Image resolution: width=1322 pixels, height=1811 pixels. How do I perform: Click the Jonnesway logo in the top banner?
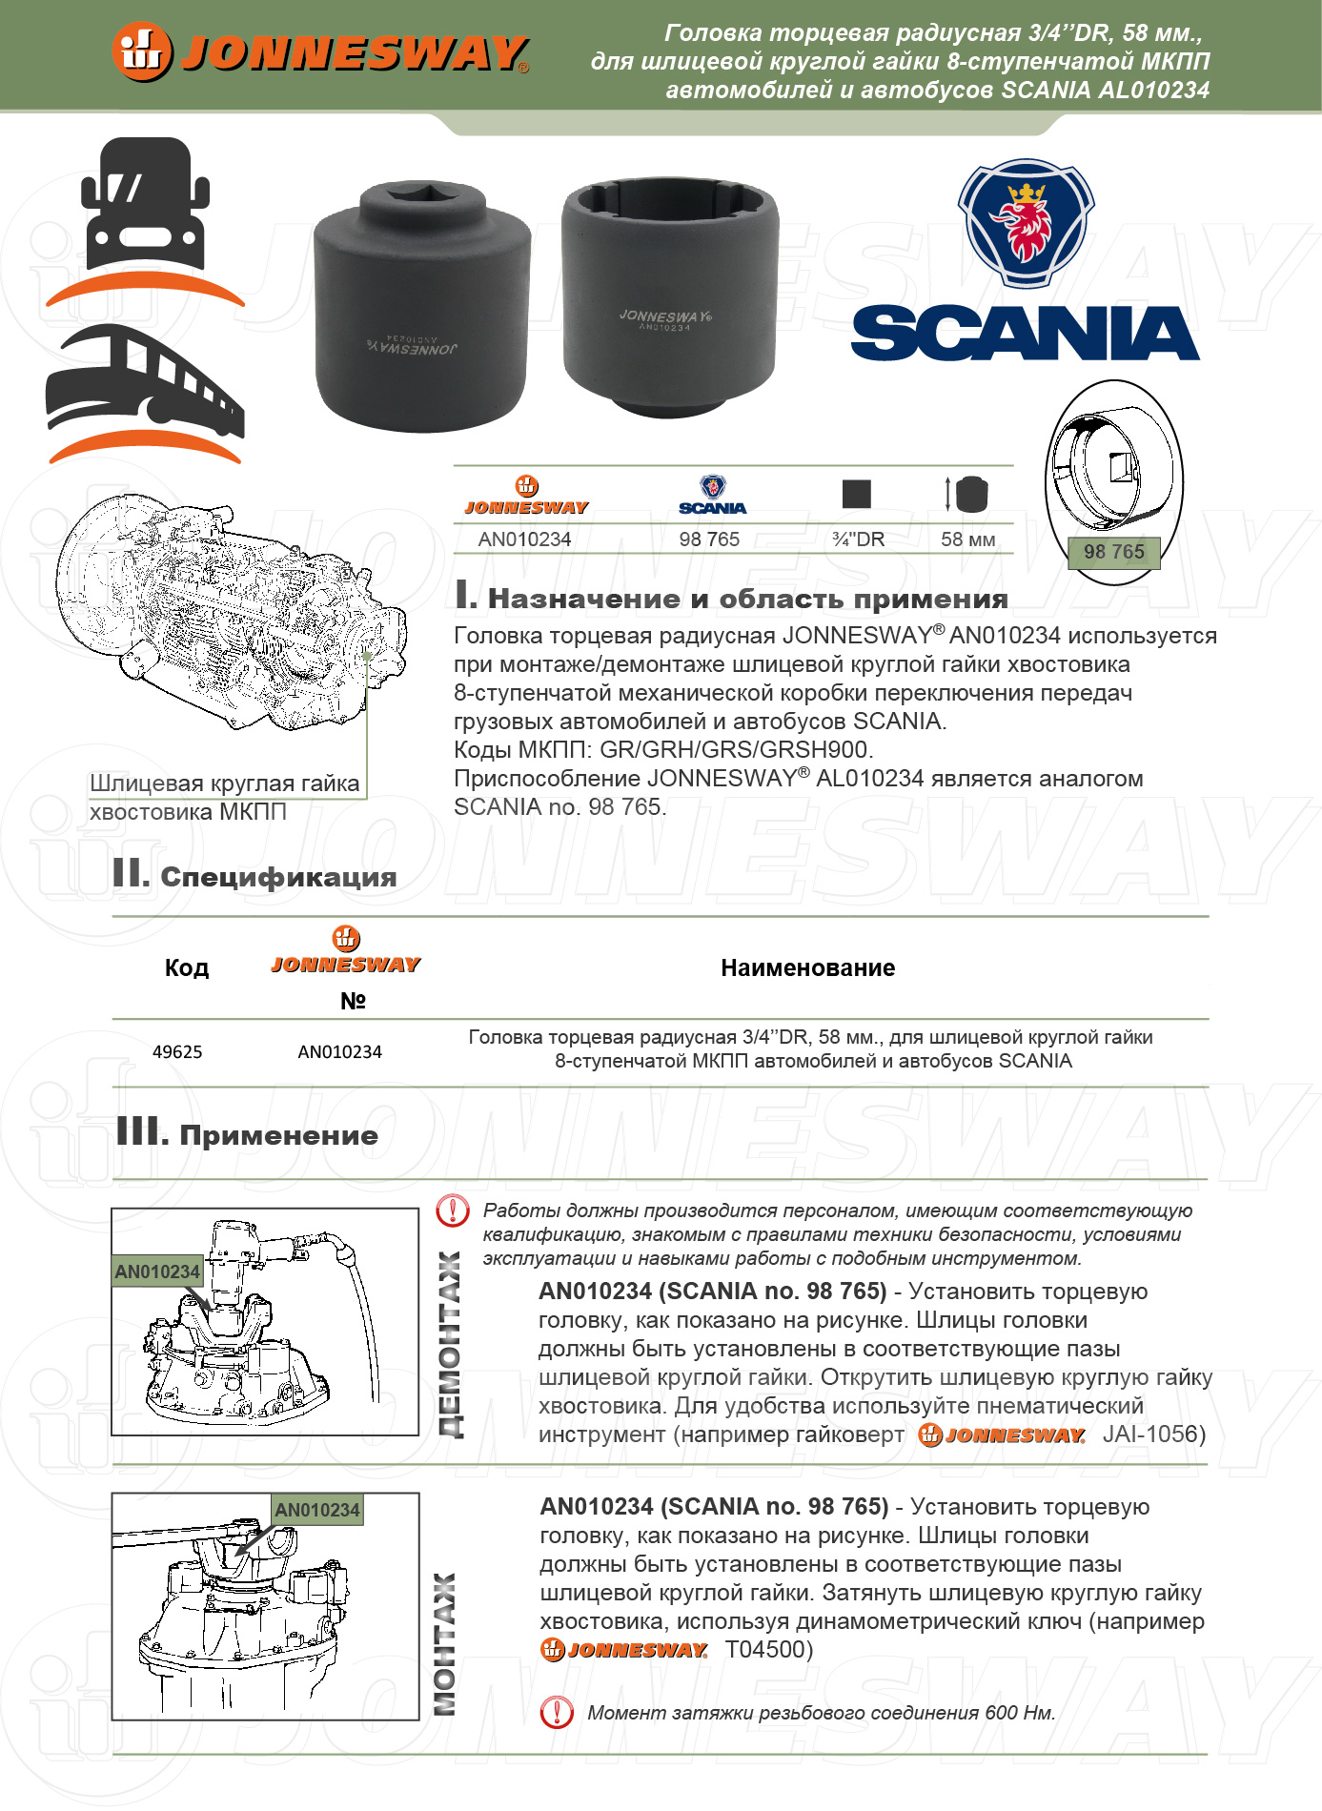click(x=320, y=51)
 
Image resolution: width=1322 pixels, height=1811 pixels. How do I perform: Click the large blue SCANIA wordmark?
click(x=1025, y=334)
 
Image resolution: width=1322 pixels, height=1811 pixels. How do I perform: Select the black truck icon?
click(x=145, y=205)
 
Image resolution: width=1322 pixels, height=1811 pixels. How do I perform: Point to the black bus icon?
click(x=145, y=381)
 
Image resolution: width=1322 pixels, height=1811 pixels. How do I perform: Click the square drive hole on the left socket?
click(x=422, y=194)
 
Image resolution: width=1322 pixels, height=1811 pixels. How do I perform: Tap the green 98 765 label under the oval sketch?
click(x=1113, y=552)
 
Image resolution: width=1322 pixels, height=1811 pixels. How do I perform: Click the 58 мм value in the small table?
click(x=967, y=539)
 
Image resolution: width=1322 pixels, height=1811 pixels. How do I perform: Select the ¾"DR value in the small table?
click(x=858, y=539)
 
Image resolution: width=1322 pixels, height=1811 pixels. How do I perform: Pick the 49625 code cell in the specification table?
click(x=177, y=1052)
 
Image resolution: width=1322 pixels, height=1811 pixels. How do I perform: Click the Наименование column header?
click(x=807, y=968)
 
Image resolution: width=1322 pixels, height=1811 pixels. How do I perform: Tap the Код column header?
click(x=186, y=968)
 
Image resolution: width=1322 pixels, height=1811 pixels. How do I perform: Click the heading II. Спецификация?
click(x=254, y=875)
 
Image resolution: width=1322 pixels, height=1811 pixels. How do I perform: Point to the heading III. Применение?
click(x=247, y=1134)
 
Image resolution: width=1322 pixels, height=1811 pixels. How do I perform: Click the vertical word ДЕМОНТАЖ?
click(x=449, y=1344)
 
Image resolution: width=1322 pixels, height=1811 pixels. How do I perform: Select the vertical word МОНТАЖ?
click(x=445, y=1643)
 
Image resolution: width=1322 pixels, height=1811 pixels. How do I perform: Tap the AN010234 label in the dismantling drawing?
click(x=157, y=1272)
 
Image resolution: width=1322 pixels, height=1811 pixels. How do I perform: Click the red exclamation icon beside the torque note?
click(x=556, y=1713)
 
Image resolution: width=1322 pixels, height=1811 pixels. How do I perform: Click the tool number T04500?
click(x=768, y=1650)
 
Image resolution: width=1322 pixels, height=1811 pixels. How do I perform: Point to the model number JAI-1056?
click(x=1153, y=1435)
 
